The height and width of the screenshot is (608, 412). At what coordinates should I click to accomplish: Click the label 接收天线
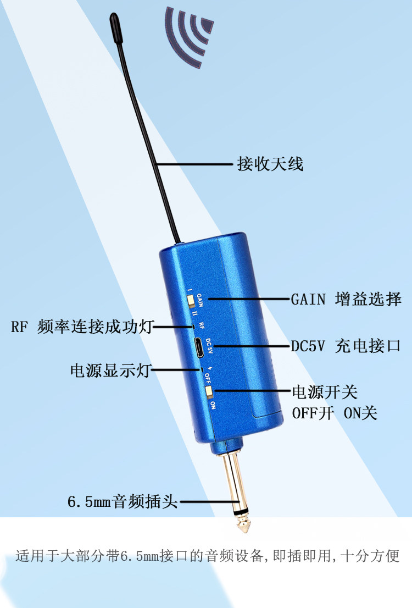tap(270, 164)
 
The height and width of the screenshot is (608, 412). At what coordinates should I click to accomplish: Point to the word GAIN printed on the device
tap(201, 301)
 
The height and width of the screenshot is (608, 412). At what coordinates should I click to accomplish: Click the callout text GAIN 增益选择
tap(346, 299)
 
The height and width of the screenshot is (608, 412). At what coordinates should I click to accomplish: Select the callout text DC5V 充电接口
tap(346, 347)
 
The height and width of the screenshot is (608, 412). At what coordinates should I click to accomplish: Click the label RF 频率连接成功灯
tap(81, 328)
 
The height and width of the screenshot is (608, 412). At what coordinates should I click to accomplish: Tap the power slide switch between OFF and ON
tap(209, 391)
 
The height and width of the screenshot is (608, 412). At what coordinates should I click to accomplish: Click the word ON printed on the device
tap(213, 405)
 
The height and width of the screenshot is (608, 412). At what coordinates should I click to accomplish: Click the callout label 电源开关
tap(324, 392)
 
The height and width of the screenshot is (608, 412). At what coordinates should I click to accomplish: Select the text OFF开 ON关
tap(335, 413)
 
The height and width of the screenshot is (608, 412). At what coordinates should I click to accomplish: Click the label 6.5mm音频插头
tap(123, 501)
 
